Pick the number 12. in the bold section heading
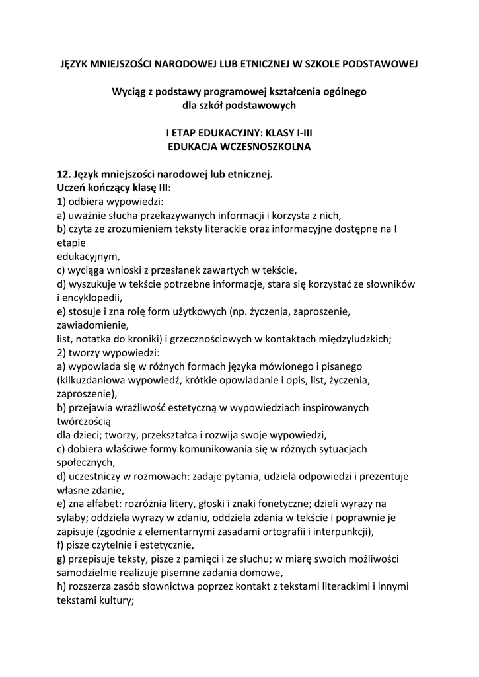(x=65, y=175)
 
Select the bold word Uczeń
(x=73, y=188)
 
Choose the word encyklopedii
(x=95, y=298)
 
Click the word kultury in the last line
(x=114, y=601)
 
